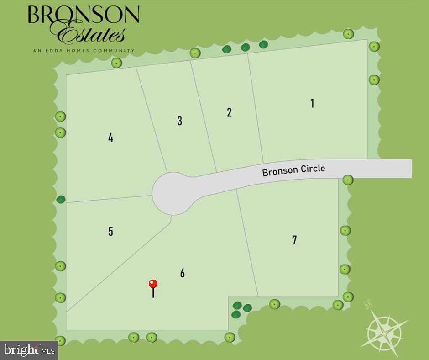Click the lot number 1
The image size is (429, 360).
tap(312, 103)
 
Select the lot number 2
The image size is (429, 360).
tap(229, 112)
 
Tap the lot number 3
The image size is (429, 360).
tap(180, 121)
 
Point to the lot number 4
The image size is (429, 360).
tap(110, 138)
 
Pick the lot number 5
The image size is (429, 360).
tap(110, 231)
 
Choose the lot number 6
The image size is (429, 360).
tap(183, 273)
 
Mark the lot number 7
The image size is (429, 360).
tap(294, 240)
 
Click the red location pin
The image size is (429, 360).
tap(153, 285)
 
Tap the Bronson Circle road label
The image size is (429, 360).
tap(293, 170)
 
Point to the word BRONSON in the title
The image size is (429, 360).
tap(84, 15)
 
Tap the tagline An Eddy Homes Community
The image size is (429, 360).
tap(84, 50)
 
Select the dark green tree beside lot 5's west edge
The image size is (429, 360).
tap(61, 199)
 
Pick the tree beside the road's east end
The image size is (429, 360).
tap(348, 180)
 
